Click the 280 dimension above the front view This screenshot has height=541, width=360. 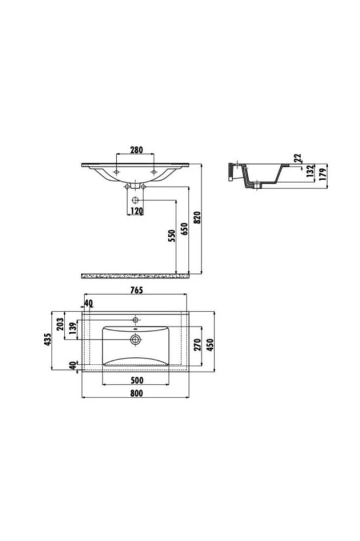[x=136, y=150]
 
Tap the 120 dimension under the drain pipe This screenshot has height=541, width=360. [x=137, y=211]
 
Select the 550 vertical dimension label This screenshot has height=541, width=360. [x=171, y=236]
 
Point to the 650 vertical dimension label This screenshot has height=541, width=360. [x=184, y=229]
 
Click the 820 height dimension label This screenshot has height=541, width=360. [x=197, y=218]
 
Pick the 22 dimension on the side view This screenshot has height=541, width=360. [x=298, y=158]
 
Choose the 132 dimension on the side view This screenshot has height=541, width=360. [x=311, y=171]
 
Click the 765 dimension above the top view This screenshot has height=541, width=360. [x=137, y=290]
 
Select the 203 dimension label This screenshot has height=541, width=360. [x=60, y=324]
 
